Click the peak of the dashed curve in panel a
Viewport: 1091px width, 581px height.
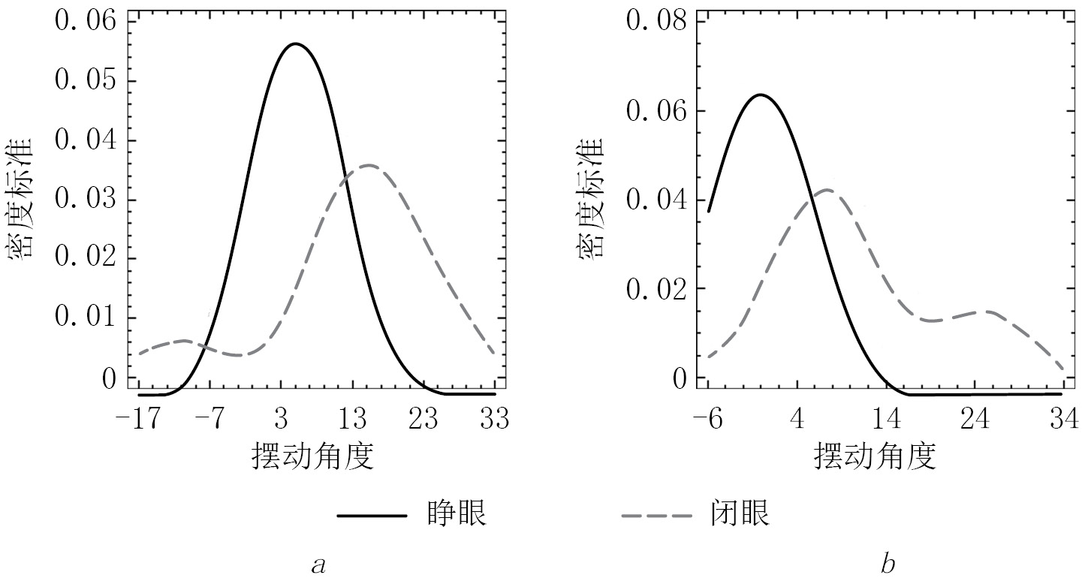click(x=367, y=165)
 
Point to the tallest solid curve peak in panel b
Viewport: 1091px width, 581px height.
click(x=760, y=95)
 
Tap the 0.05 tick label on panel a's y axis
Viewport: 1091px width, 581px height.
click(x=86, y=81)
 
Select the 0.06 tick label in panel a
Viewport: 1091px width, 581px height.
click(x=86, y=21)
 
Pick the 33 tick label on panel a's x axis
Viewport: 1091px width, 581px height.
click(x=494, y=419)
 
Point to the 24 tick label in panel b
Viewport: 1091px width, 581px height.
click(x=974, y=419)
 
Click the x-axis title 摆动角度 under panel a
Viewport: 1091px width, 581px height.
click(x=312, y=456)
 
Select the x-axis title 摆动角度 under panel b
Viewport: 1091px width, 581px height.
click(x=876, y=456)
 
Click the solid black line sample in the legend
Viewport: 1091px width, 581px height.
click(x=372, y=516)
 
